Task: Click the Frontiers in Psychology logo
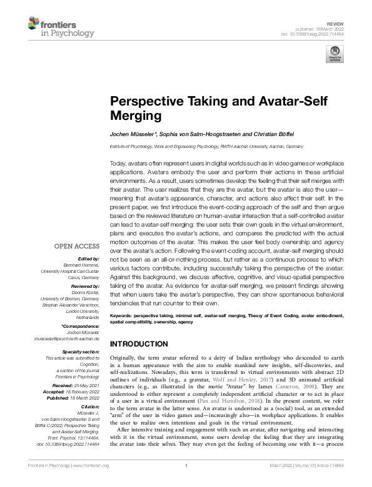tap(61, 27)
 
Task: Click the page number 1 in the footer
tap(186, 483)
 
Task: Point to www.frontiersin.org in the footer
tap(91, 483)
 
